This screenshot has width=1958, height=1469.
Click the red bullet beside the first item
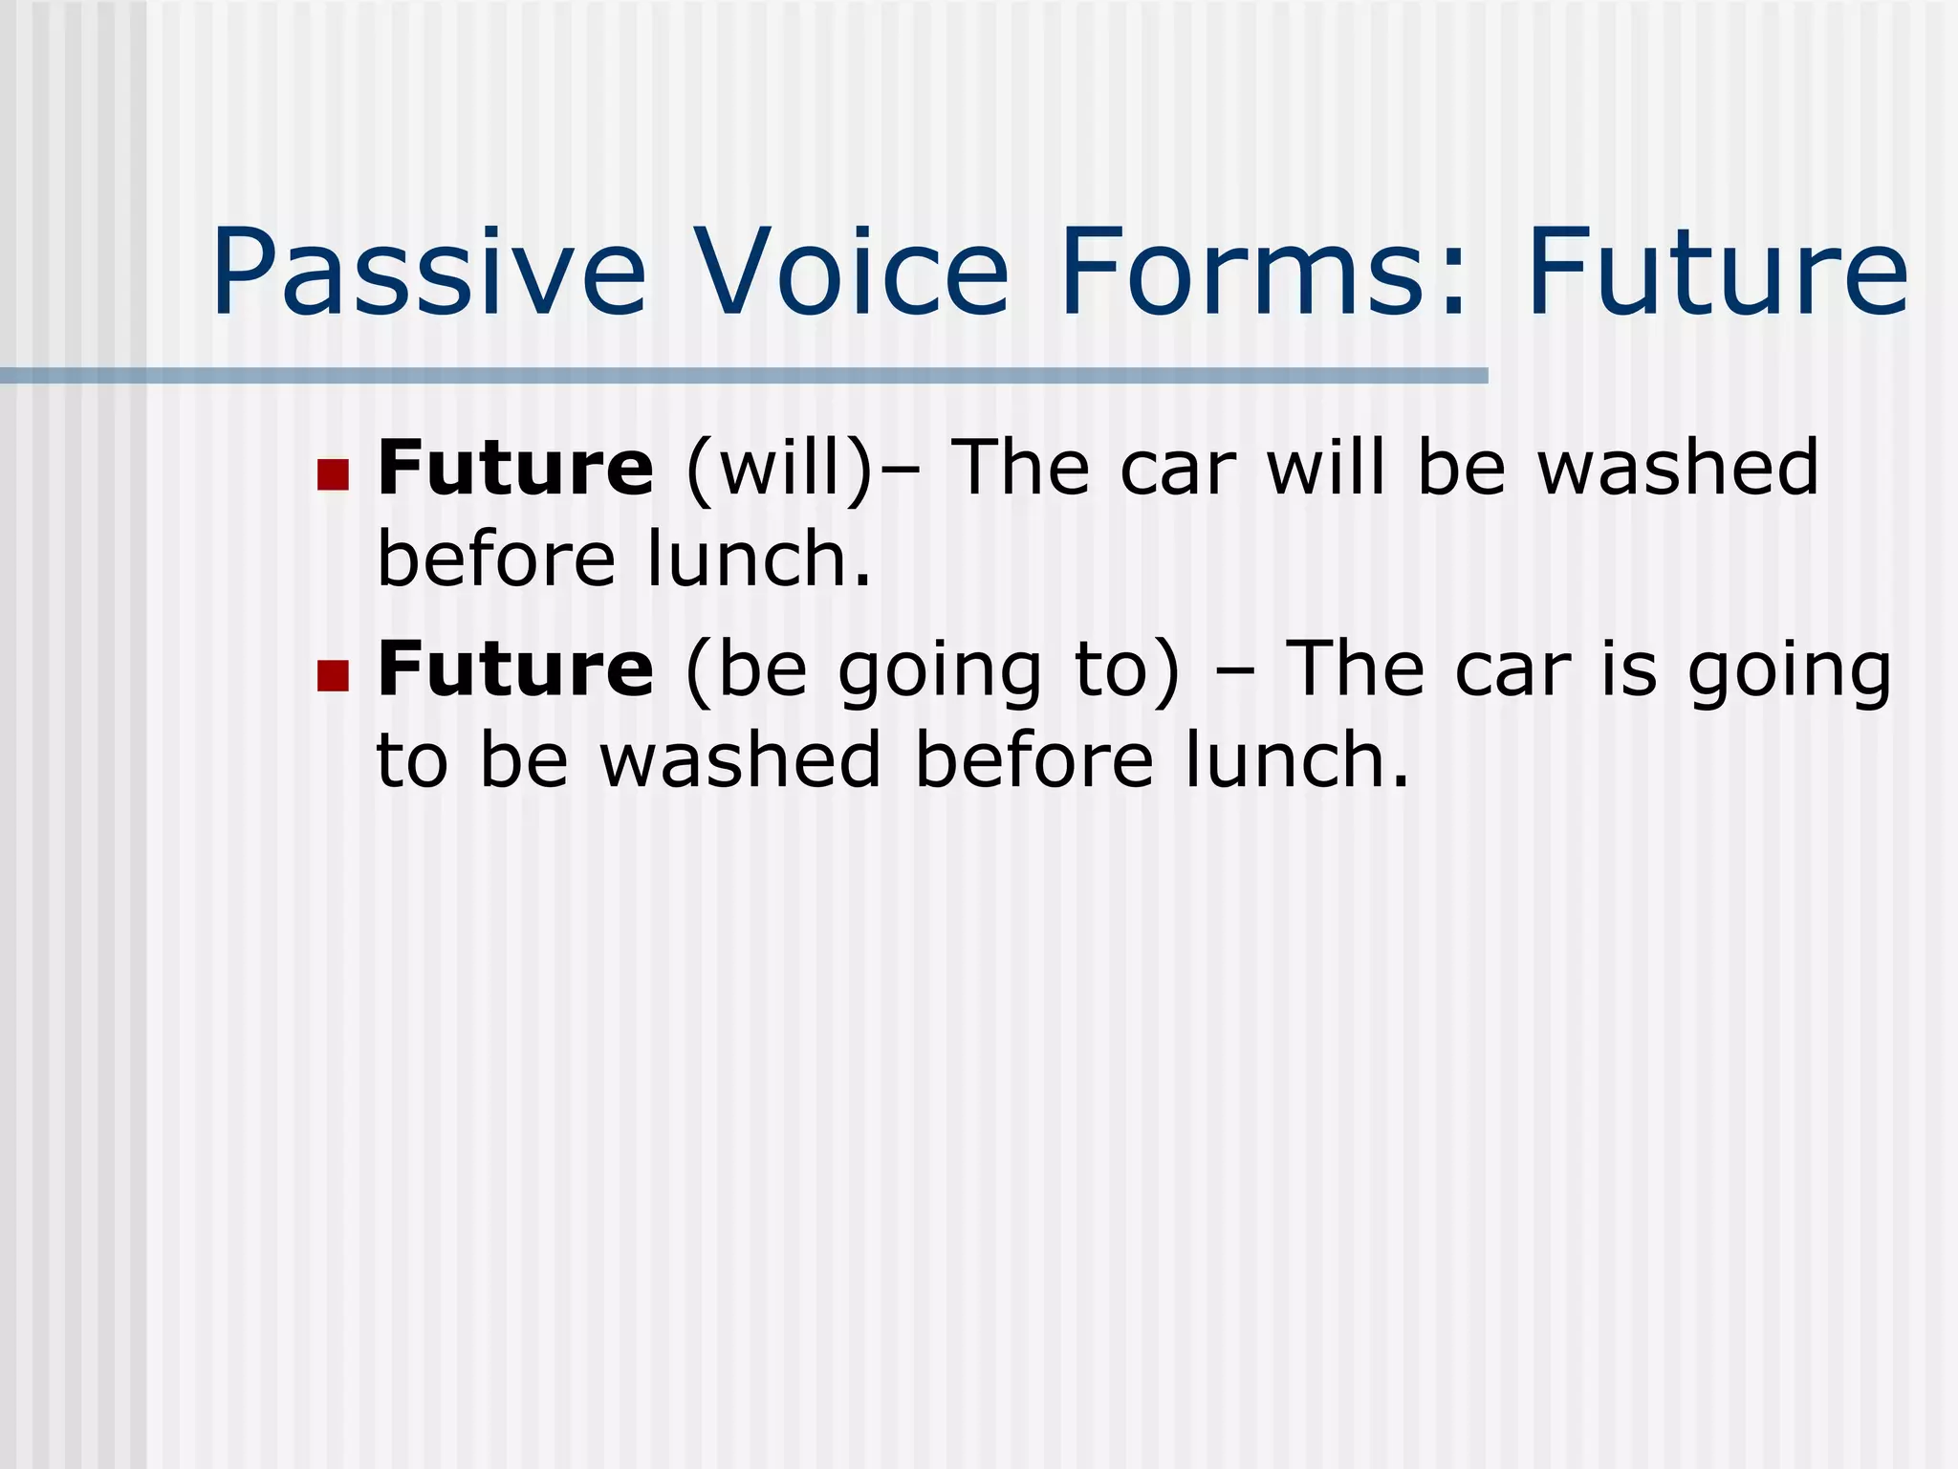[x=333, y=473]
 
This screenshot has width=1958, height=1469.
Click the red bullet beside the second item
[x=333, y=675]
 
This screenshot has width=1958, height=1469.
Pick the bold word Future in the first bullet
[x=515, y=469]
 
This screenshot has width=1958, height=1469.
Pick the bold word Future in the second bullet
[x=515, y=669]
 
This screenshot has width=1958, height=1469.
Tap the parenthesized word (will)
[x=779, y=469]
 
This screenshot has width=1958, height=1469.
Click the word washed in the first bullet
[x=1677, y=469]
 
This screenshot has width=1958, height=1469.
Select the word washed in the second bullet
[x=740, y=760]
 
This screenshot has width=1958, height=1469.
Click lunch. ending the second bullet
[x=1295, y=760]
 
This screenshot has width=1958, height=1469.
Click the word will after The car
[x=1325, y=469]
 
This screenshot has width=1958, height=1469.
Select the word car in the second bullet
[x=1512, y=671]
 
